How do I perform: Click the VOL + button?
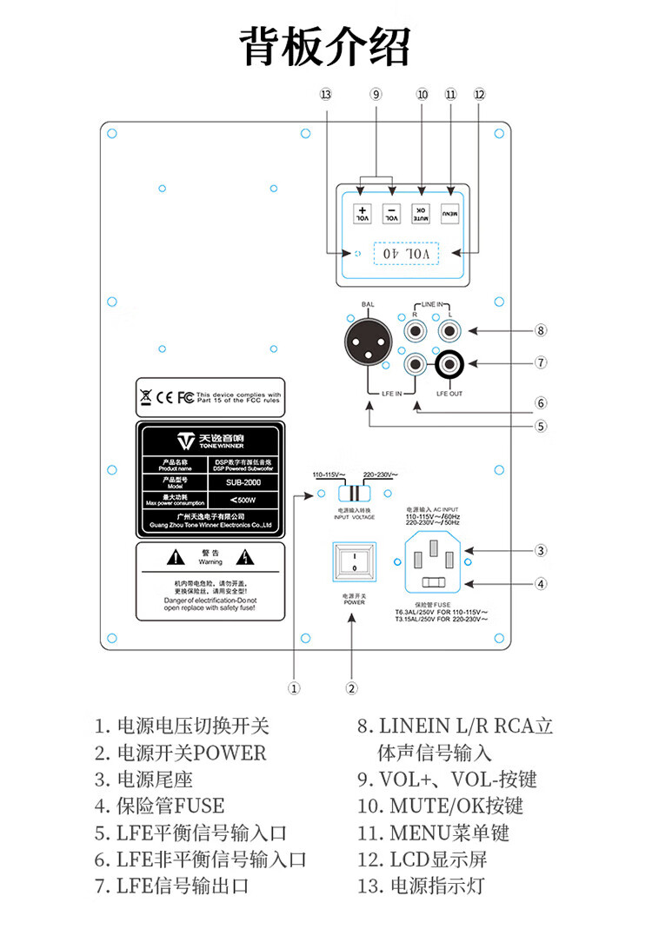click(364, 213)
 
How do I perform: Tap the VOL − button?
click(392, 213)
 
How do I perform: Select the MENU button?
click(449, 213)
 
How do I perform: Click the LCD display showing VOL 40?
click(406, 253)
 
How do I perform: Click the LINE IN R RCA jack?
click(416, 330)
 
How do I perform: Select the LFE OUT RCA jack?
click(452, 363)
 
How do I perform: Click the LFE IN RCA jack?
click(416, 364)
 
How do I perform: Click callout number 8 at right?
click(540, 330)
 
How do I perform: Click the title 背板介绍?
click(325, 45)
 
